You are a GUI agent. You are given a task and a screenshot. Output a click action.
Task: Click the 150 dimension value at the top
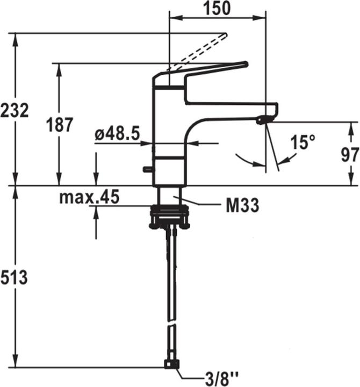[218, 8]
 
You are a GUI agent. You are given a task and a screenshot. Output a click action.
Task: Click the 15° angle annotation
[303, 142]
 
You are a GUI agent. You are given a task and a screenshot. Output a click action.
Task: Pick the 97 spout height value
[349, 155]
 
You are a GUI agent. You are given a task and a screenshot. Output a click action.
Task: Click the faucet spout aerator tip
[263, 120]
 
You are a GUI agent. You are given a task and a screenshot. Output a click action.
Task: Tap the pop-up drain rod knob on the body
[146, 170]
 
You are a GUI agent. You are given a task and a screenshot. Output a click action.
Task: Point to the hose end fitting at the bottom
[171, 366]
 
